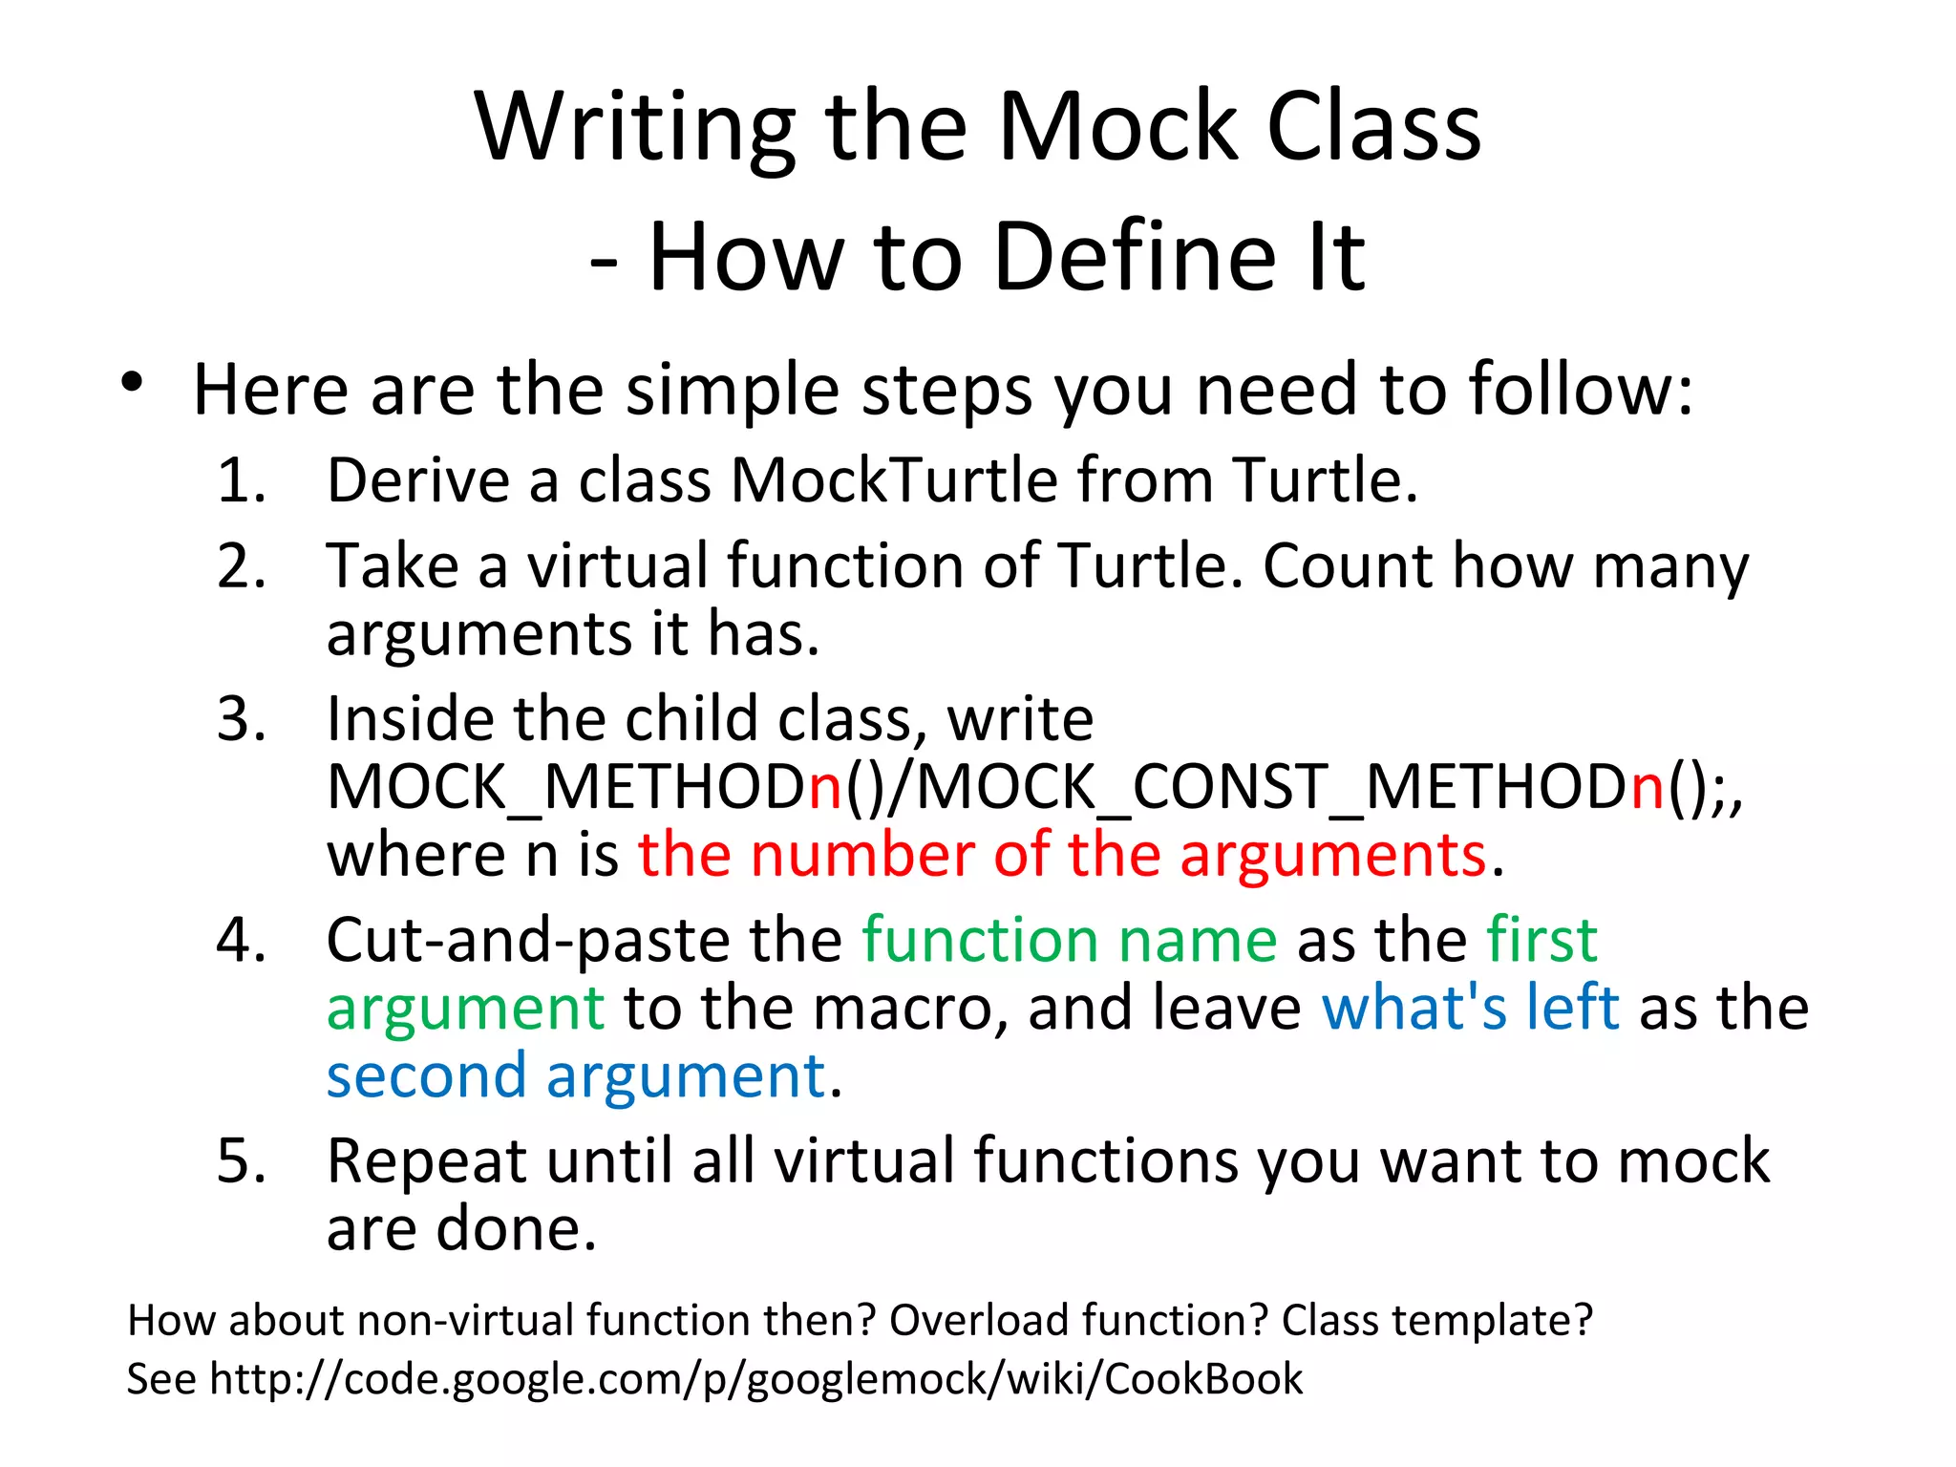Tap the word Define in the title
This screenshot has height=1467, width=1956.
[x=1135, y=257]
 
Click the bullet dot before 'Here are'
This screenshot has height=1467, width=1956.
[x=132, y=384]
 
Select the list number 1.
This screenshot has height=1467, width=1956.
[x=240, y=480]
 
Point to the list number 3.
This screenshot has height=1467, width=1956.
[x=240, y=719]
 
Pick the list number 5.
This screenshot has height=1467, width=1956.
[x=240, y=1162]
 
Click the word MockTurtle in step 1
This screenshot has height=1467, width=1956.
[x=893, y=480]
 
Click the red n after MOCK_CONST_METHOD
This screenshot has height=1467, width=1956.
[x=1648, y=787]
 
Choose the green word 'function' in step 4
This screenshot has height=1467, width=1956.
[x=980, y=941]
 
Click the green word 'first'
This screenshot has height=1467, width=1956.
[x=1541, y=941]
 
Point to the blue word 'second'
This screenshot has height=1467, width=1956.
[x=426, y=1076]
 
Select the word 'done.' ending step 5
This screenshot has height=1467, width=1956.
[x=517, y=1229]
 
